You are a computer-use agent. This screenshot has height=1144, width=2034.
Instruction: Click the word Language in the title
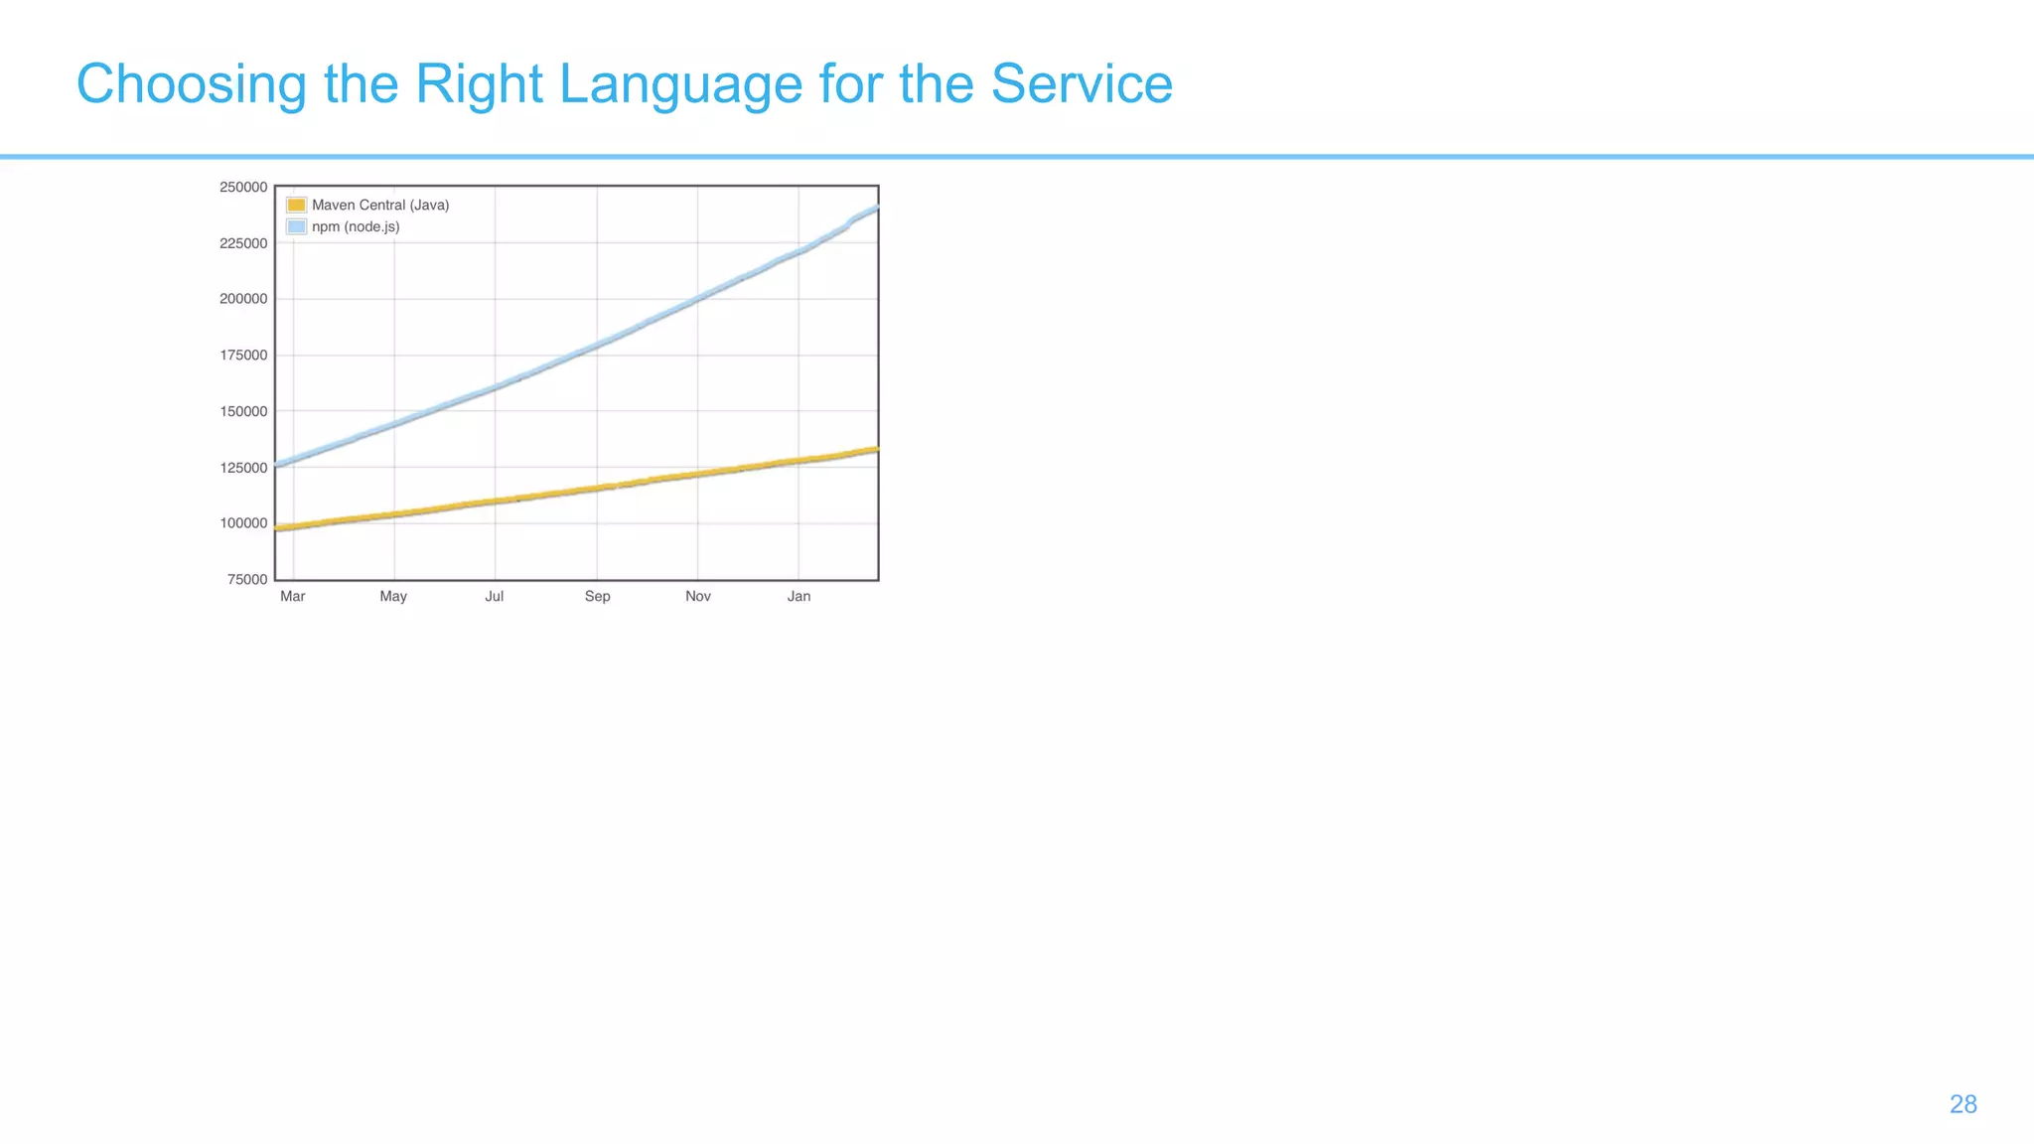click(680, 84)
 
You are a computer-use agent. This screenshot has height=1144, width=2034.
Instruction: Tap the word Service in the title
click(1082, 84)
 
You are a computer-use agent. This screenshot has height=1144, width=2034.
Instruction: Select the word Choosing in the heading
click(191, 84)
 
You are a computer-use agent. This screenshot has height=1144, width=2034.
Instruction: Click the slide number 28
click(1962, 1104)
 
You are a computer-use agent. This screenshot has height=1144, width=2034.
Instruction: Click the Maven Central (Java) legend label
click(380, 206)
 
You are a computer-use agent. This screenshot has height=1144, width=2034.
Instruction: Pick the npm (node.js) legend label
click(356, 227)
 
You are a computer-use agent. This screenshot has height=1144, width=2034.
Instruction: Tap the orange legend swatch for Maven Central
click(296, 206)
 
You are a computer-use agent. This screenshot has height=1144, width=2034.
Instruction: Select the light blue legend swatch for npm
click(296, 227)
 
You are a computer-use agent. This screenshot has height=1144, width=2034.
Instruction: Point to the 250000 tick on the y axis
click(243, 187)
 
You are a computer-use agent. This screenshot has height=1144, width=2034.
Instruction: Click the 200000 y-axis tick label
click(243, 299)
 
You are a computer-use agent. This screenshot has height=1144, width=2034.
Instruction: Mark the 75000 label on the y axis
click(247, 580)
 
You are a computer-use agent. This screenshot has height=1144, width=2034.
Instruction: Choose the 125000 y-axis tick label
click(243, 468)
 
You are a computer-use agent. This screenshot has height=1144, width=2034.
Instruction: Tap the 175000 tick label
click(243, 356)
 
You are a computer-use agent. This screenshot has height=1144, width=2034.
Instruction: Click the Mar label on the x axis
click(293, 597)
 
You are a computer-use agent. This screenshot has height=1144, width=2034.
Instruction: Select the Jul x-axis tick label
click(494, 597)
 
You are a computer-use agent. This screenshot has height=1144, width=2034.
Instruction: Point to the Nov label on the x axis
click(698, 597)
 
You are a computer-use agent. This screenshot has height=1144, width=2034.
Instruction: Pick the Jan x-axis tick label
click(799, 597)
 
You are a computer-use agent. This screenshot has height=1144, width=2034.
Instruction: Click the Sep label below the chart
click(597, 597)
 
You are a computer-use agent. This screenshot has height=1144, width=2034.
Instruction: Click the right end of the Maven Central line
click(875, 450)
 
